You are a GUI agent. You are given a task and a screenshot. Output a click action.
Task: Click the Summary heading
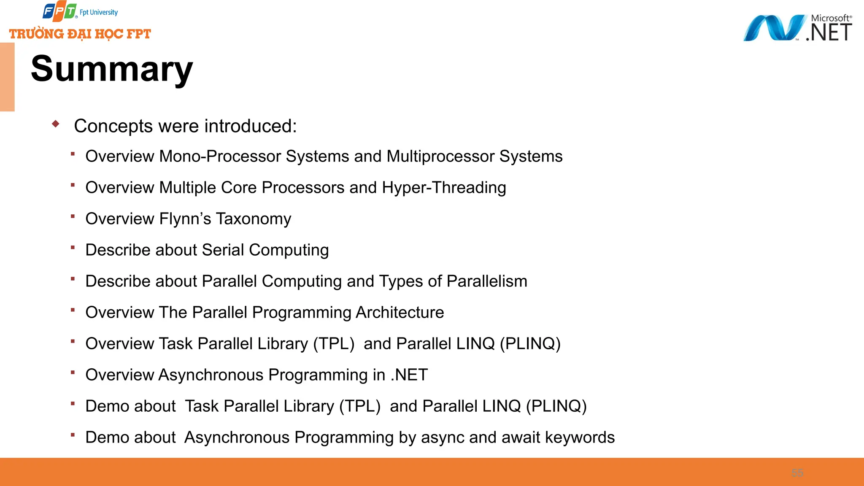pyautogui.click(x=112, y=69)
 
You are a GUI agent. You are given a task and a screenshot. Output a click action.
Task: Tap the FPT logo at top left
pyautogui.click(x=59, y=12)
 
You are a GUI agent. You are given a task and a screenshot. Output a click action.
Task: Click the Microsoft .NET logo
pyautogui.click(x=797, y=28)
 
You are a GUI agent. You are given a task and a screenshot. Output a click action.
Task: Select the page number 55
pyautogui.click(x=797, y=473)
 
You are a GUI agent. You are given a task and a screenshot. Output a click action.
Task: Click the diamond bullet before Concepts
pyautogui.click(x=56, y=124)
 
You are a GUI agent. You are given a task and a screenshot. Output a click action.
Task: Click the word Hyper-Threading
pyautogui.click(x=444, y=188)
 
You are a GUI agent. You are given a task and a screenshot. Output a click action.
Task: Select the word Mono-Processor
pyautogui.click(x=220, y=157)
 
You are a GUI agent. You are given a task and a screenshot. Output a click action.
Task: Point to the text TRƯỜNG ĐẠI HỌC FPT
pyautogui.click(x=80, y=34)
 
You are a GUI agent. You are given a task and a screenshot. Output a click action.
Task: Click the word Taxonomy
pyautogui.click(x=253, y=219)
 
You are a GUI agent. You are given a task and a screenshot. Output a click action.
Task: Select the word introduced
pyautogui.click(x=251, y=126)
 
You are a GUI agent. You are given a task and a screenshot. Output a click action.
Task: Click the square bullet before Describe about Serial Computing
pyautogui.click(x=73, y=248)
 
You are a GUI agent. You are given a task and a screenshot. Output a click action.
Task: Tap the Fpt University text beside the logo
pyautogui.click(x=99, y=13)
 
